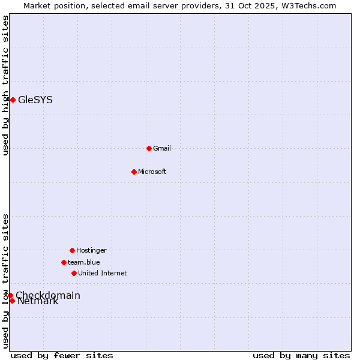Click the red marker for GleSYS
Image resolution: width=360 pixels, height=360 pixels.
point(13,100)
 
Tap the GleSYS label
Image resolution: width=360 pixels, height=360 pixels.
point(35,100)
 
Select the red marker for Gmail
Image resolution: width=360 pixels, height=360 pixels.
point(149,148)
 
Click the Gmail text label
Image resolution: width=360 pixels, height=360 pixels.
point(162,149)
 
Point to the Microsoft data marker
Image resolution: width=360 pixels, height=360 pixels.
point(134,172)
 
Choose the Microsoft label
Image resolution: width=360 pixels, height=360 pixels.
point(152,172)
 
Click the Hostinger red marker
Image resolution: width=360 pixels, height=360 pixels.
point(72,250)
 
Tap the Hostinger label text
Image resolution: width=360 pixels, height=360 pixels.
point(91,251)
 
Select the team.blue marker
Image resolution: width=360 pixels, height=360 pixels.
point(64,262)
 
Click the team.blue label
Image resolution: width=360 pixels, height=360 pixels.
point(84,263)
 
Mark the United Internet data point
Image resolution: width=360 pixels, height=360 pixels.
point(74,273)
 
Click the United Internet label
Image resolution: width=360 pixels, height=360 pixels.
point(103,274)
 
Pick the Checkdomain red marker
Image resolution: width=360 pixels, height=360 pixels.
point(10,295)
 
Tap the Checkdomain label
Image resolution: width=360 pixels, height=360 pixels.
point(48,295)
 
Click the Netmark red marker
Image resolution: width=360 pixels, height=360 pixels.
point(12,301)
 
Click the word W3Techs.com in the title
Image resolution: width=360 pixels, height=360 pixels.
point(307,6)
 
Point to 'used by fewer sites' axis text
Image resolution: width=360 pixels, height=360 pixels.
point(62,355)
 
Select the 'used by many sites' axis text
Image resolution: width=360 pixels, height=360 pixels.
point(301,355)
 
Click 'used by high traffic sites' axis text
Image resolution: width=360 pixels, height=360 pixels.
point(5,85)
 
